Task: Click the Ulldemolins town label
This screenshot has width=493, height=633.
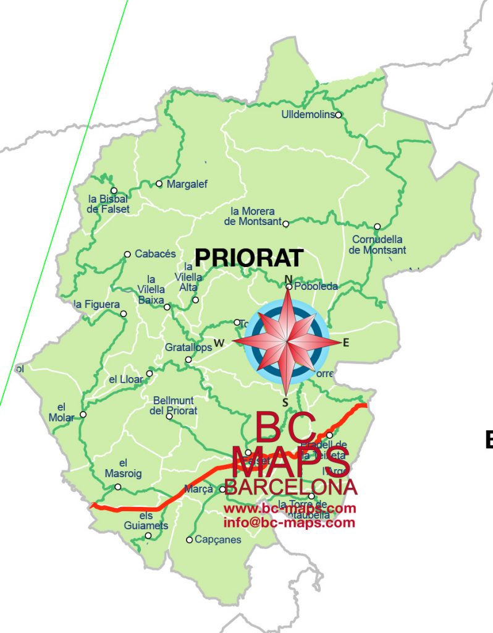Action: click(x=307, y=115)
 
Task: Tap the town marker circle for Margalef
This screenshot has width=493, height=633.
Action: click(x=159, y=184)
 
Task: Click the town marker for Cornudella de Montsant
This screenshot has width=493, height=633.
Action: click(x=377, y=226)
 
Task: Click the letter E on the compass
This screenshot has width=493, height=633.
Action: click(x=346, y=342)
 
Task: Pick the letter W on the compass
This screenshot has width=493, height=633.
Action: click(x=219, y=342)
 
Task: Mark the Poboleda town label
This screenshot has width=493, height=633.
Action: click(x=316, y=287)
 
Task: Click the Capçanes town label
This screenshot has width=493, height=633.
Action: click(x=217, y=540)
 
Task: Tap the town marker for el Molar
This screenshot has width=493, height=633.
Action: click(x=83, y=414)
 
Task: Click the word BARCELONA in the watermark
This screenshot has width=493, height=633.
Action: click(x=291, y=487)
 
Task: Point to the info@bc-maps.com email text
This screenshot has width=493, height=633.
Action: click(x=290, y=523)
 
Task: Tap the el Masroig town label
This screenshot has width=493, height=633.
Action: click(x=124, y=468)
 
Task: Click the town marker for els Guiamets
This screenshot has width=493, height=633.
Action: click(x=148, y=535)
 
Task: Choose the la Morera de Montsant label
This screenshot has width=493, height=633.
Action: click(x=253, y=216)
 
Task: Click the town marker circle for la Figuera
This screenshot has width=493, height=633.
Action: click(x=124, y=314)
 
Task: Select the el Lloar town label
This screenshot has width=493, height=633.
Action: click(x=125, y=379)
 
